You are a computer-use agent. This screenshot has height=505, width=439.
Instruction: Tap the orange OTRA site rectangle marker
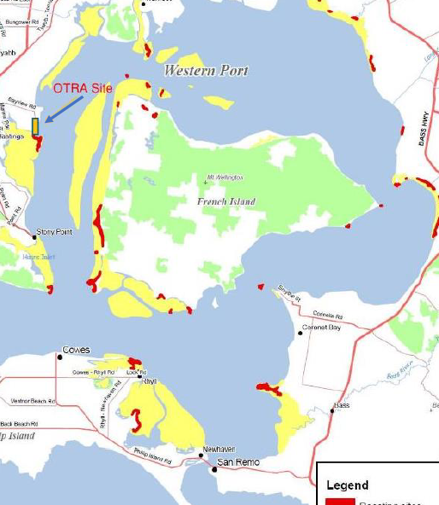click(35, 126)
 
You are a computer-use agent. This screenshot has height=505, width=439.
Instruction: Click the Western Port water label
click(207, 70)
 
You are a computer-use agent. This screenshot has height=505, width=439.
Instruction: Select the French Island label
click(226, 201)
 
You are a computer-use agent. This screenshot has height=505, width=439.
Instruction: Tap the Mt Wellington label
click(225, 177)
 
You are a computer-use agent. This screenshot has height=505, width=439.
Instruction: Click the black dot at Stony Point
click(35, 236)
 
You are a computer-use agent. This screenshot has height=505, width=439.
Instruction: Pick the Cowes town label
click(76, 350)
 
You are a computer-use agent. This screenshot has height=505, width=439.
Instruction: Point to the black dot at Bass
click(332, 411)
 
